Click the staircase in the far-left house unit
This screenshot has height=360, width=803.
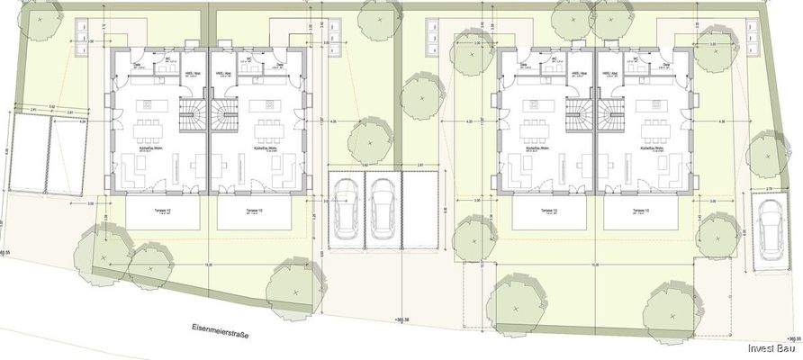coord(192,112)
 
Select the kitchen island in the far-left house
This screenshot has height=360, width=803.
coord(145,107)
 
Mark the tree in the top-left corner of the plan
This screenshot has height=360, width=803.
coord(39,20)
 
